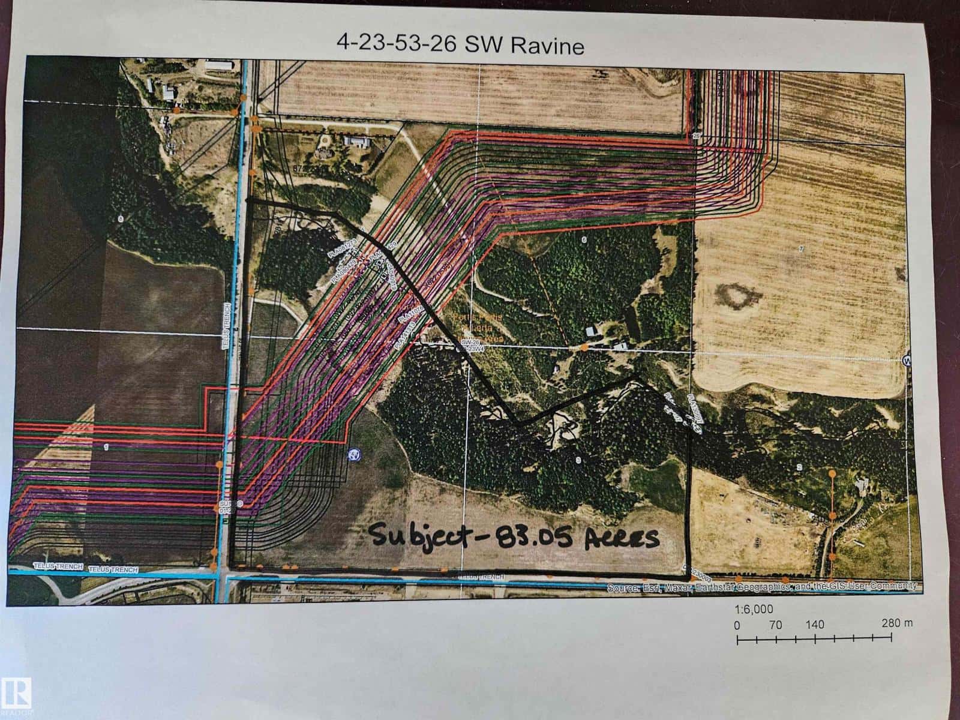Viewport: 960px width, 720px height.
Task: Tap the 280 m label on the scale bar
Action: [898, 623]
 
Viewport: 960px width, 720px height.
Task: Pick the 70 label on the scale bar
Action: [775, 624]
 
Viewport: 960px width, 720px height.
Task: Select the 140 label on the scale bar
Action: [815, 624]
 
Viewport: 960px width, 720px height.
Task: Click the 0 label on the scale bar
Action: [738, 624]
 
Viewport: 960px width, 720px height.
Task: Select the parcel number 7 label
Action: [800, 248]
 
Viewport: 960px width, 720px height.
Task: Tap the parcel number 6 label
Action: [583, 239]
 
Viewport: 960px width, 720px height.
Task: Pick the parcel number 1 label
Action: [106, 446]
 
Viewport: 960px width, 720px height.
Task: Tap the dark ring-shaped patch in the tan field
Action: [737, 297]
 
